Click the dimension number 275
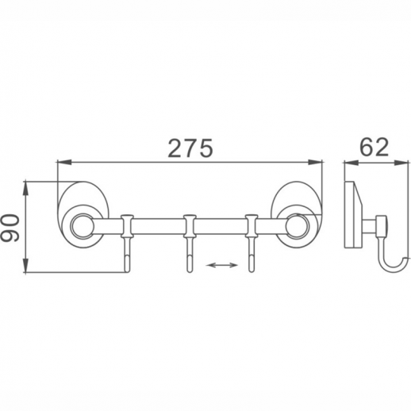tap(190, 148)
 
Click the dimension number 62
tap(375, 147)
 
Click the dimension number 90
tap(10, 229)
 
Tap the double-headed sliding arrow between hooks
tap(222, 265)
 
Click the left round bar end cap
tap(83, 226)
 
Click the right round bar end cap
tap(298, 226)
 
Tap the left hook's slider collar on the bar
tap(127, 226)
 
